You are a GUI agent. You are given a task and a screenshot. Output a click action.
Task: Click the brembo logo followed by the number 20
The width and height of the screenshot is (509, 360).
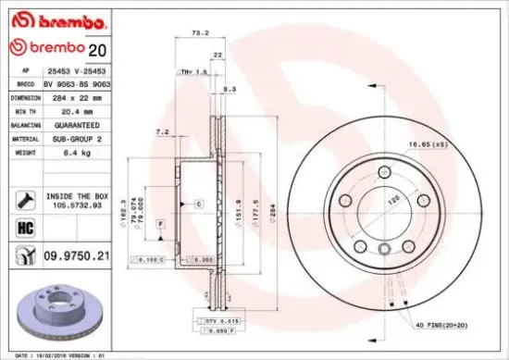[46, 48]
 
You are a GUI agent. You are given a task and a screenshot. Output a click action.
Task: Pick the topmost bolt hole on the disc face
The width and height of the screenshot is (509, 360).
[384, 169]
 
